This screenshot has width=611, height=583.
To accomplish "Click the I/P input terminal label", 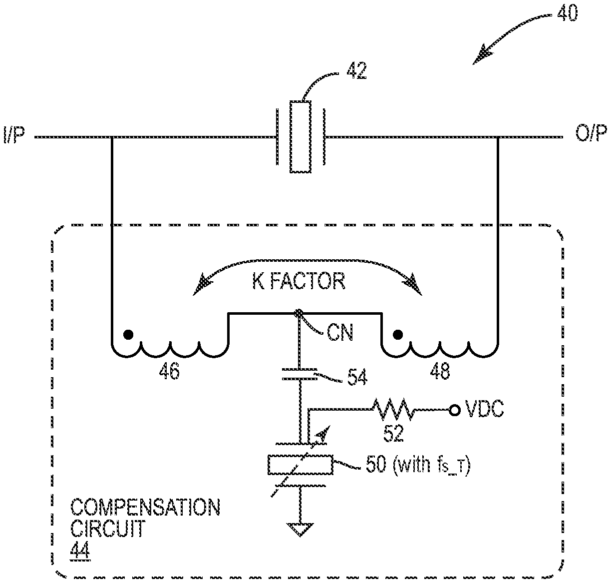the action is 13,135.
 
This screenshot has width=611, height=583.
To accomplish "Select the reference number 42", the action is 356,71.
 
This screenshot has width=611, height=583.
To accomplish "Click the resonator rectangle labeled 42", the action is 300,137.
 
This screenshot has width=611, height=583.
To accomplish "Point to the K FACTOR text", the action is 299,281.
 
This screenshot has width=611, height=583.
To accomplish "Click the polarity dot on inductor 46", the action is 128,335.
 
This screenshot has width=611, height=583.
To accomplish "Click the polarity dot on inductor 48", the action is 398,335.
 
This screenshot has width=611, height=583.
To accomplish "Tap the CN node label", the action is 340,333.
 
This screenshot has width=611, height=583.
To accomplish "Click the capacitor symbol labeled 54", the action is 300,374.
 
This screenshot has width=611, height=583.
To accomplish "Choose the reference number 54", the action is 357,377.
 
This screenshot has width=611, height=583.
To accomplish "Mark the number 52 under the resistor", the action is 393,433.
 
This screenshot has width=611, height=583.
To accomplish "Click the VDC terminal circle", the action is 455,411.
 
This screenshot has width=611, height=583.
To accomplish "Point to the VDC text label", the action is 484,409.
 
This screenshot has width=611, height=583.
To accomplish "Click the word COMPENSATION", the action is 145,508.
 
